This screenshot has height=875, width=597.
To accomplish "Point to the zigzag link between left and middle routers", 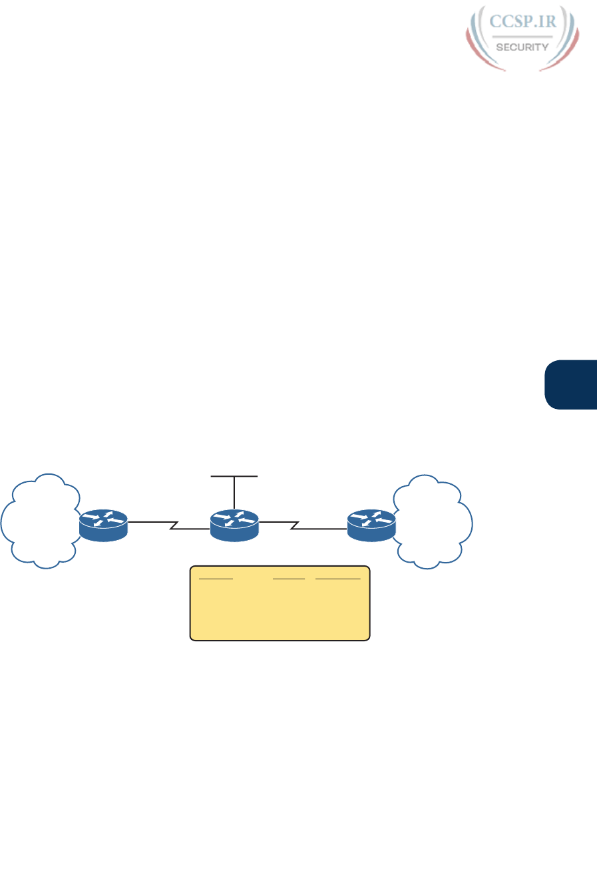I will [x=172, y=527].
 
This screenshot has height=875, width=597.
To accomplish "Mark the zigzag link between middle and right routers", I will [x=293, y=527].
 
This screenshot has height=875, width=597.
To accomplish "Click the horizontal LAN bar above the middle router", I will [x=234, y=477].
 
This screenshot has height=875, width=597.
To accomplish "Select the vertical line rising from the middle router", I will [x=234, y=493].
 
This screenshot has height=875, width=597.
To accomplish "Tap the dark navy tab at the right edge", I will [x=571, y=384].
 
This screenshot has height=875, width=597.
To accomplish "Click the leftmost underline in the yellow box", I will [x=216, y=579].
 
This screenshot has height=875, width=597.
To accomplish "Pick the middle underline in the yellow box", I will [x=288, y=579].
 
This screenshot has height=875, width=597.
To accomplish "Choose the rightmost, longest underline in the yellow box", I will [x=338, y=579].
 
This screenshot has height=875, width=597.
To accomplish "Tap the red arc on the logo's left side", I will [x=476, y=50].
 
